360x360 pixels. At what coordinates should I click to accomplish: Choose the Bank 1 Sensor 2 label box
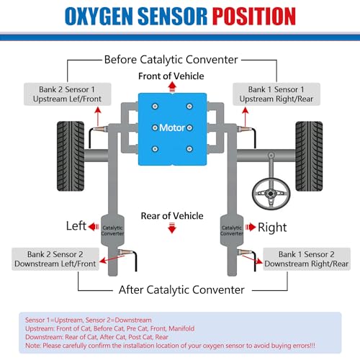[x=306, y=259]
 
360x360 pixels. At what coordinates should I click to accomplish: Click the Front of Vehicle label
[x=171, y=76]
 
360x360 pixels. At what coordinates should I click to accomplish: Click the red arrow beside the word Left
[x=93, y=226]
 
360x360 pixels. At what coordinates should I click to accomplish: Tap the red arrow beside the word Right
[x=250, y=226]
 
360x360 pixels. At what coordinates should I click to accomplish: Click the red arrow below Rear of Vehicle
[x=171, y=228]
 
